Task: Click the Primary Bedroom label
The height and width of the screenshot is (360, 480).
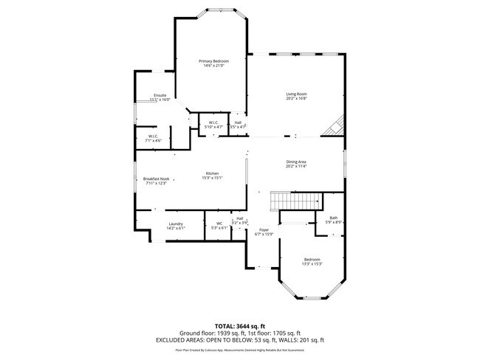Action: coord(214,60)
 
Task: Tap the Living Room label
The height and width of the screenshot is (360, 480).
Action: coord(297,94)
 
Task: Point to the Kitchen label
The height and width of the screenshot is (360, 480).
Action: coord(213,173)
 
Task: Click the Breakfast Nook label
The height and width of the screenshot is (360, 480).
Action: coord(156,179)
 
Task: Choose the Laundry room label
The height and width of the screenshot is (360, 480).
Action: coord(176,224)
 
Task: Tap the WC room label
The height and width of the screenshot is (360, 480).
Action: coord(219,224)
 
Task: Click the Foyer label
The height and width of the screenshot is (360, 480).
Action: coord(264,230)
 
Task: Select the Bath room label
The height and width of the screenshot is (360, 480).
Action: coord(334,218)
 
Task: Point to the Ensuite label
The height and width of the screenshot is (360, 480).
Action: coord(160,95)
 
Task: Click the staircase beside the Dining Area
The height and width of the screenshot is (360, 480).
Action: coord(296,200)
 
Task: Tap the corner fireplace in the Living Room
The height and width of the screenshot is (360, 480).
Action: coord(334,127)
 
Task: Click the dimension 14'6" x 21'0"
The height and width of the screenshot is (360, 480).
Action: coord(214,66)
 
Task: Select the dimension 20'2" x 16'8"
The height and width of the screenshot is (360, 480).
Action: coord(297,99)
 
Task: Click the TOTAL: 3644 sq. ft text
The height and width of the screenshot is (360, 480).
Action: coord(240,325)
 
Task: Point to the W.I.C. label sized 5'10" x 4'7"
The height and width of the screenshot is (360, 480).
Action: coord(213,122)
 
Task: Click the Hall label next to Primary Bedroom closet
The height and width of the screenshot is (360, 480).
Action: coord(238,122)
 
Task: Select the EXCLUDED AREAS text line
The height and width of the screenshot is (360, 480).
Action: coord(240,340)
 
